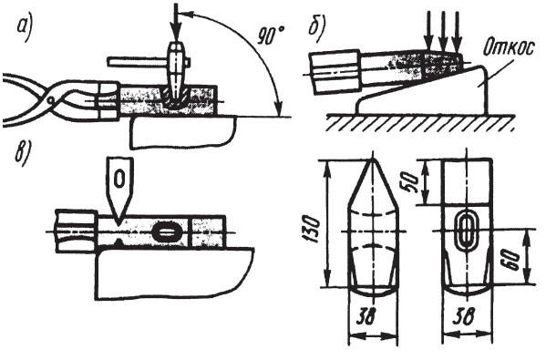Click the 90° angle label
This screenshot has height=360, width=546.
coord(271,36)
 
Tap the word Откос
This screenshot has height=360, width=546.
coord(508,49)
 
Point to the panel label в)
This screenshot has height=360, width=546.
coord(23,155)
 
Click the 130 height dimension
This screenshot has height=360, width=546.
coord(310,229)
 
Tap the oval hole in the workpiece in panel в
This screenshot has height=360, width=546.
coord(166,232)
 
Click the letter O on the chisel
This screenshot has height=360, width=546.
coord(119,180)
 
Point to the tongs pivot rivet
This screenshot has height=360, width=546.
coord(51,100)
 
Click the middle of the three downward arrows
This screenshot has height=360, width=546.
coord(443,31)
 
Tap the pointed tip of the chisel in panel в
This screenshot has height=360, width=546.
coord(118,224)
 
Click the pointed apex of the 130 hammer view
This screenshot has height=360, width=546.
coord(373,158)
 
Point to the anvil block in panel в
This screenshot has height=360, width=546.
coord(174,273)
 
